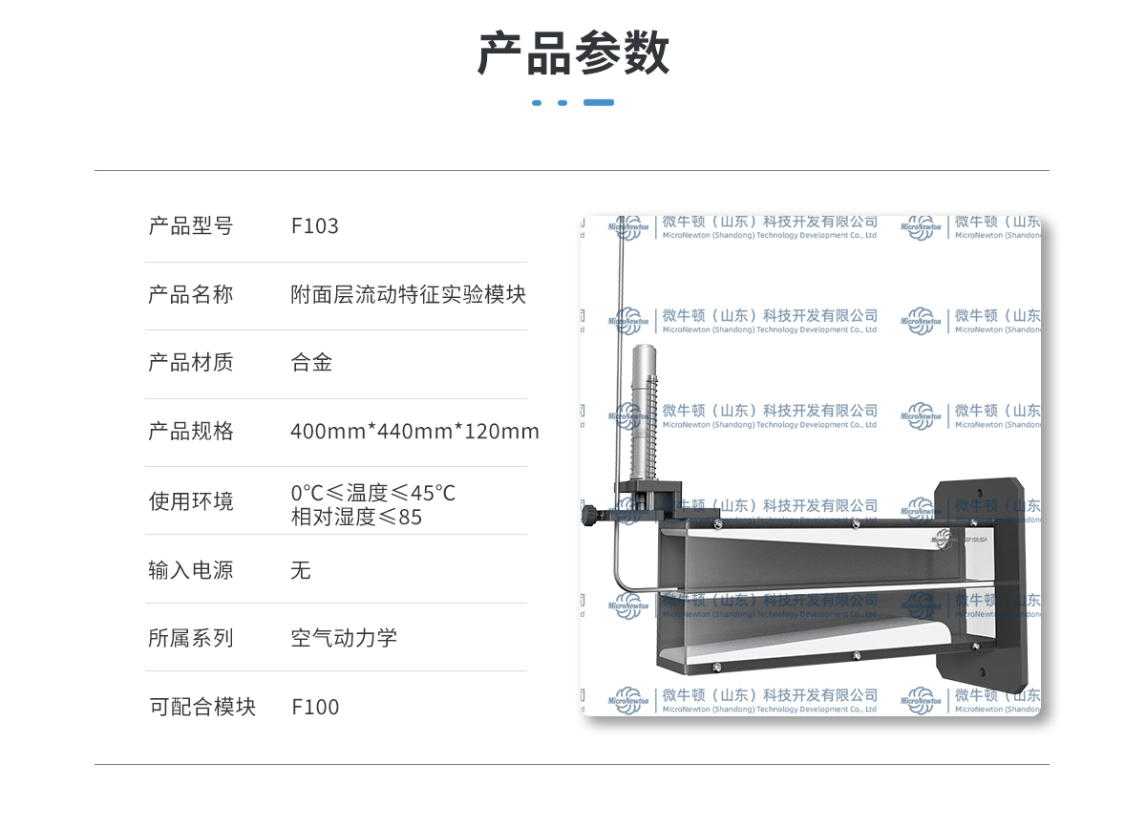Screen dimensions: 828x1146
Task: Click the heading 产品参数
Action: pos(573,53)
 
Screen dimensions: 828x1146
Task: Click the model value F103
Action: pos(314,226)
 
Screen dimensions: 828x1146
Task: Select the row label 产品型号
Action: pos(190,226)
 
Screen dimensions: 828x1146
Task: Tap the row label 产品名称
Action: pos(190,294)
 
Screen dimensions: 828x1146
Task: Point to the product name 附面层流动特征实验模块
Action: pos(408,294)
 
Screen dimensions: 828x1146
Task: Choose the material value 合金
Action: pos(311,363)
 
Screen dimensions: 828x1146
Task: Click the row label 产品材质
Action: pos(190,363)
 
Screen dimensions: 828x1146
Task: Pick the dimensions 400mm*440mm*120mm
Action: pos(414,432)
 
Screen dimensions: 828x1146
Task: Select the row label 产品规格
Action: pos(190,432)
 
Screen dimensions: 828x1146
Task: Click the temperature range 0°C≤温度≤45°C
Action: pos(372,493)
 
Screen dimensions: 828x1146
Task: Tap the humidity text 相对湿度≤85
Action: pos(356,517)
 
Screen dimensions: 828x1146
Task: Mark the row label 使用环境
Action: pos(190,501)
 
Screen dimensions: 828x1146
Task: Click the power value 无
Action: pos(301,571)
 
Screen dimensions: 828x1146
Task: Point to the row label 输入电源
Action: pos(190,571)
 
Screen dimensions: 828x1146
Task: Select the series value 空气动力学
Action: pos(344,639)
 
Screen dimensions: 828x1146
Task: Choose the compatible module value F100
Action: pos(315,708)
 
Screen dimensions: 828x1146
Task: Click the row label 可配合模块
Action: pos(202,708)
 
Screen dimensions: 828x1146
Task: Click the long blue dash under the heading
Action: pos(599,102)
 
